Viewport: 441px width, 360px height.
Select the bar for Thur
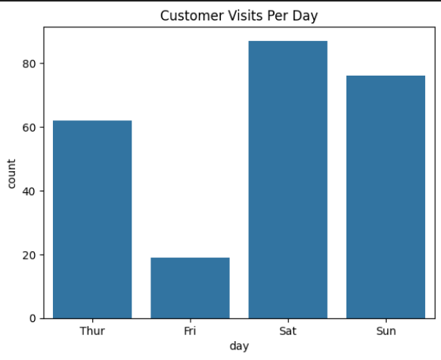[92, 219]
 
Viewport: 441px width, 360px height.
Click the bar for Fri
[190, 288]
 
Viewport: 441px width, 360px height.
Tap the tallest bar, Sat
[288, 180]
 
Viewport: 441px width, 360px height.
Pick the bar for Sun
[386, 197]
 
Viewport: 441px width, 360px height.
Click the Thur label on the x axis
[92, 331]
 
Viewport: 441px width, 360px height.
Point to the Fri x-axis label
[190, 331]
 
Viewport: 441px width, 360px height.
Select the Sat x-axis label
[288, 331]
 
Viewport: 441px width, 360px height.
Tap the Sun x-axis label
[386, 331]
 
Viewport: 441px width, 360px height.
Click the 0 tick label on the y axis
[33, 318]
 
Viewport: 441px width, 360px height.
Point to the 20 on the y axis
[30, 255]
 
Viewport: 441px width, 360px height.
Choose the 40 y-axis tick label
[30, 191]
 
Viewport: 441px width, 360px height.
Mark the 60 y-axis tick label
[30, 127]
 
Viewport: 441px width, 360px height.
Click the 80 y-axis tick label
[30, 64]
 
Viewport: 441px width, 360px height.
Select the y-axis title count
[11, 173]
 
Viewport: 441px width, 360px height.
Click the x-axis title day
[239, 346]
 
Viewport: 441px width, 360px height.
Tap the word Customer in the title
[192, 15]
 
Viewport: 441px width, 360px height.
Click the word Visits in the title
[246, 15]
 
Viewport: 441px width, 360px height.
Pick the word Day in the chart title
[305, 16]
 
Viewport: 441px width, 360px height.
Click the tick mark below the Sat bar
[288, 321]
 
